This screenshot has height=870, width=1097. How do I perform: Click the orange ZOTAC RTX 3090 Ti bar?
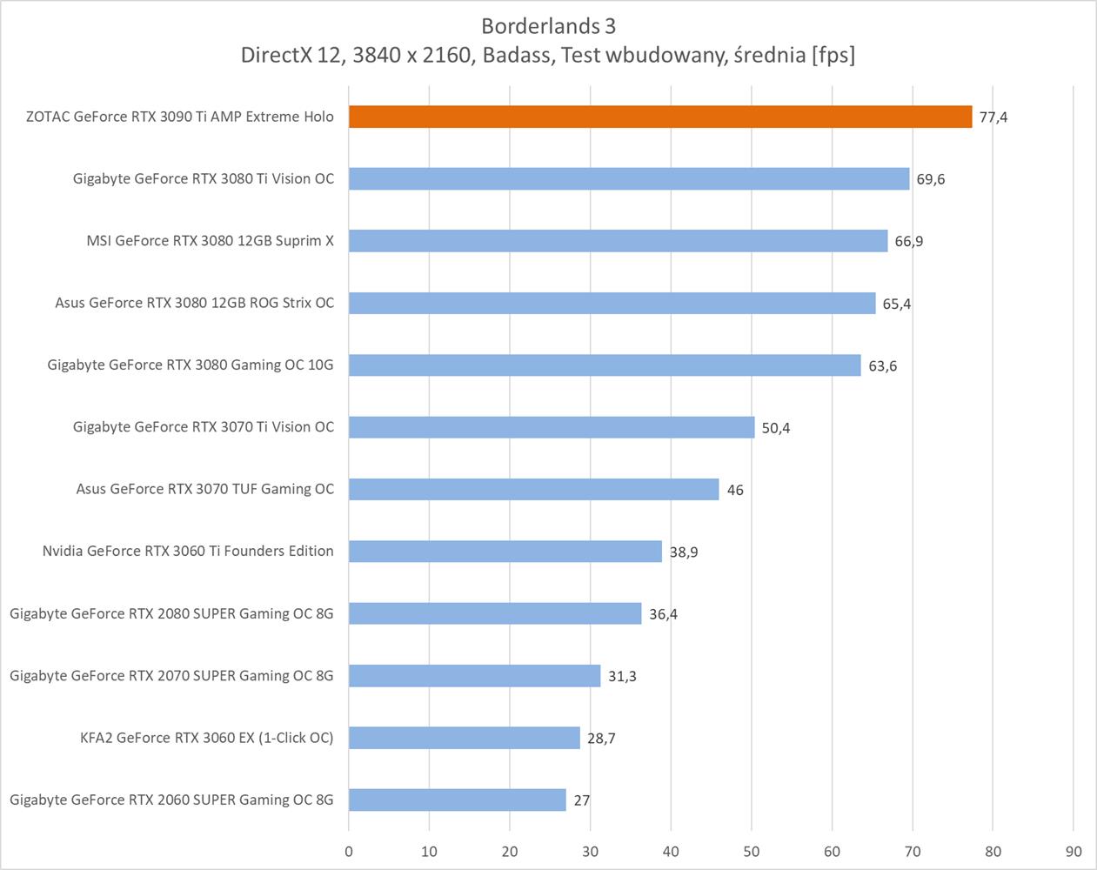[659, 117]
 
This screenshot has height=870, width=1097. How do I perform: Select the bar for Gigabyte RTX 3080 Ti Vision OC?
[628, 178]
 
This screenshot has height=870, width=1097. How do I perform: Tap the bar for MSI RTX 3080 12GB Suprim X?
[618, 241]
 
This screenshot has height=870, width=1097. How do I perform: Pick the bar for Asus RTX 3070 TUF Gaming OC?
[533, 489]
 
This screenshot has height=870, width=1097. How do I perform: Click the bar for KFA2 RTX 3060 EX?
[464, 738]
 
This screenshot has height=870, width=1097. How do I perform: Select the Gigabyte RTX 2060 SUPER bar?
[457, 800]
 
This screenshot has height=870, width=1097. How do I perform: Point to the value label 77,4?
[993, 117]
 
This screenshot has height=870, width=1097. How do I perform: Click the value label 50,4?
[775, 428]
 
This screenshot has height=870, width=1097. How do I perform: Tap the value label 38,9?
[683, 552]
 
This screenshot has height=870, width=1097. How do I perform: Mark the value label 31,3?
[621, 676]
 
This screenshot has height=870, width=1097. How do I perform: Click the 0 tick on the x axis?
[349, 852]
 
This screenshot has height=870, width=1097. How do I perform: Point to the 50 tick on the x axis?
[751, 852]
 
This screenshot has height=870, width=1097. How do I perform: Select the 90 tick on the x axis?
[1073, 852]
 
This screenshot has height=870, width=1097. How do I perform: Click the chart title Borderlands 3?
[548, 26]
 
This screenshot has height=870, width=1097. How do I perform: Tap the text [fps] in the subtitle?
[833, 55]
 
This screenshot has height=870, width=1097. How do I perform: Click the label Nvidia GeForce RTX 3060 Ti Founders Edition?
[188, 551]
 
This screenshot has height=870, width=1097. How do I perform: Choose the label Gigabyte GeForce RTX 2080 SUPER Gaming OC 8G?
[171, 613]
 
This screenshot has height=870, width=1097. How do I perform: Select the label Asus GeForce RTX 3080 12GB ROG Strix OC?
[194, 303]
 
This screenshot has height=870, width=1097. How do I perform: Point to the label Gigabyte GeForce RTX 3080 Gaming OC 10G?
[191, 365]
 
